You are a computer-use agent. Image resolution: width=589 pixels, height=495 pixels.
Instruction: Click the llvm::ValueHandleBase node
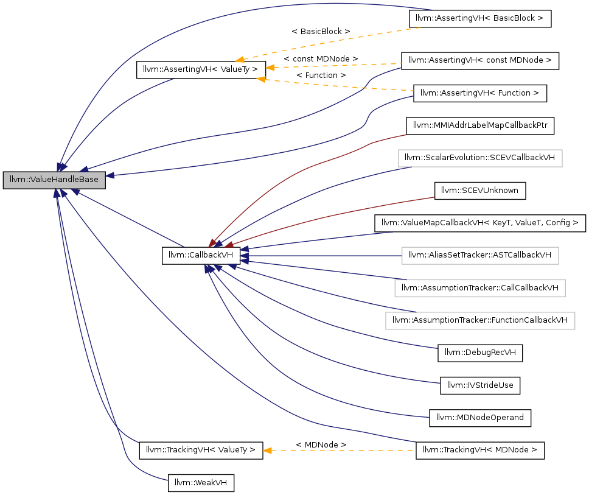[54, 180]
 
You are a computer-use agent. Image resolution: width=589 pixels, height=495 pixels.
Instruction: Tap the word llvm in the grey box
[16, 180]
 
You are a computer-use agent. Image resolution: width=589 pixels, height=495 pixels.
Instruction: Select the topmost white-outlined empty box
[480, 158]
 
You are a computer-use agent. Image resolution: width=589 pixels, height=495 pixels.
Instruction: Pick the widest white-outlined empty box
[480, 321]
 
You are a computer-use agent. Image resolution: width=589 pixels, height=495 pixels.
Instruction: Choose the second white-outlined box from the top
[480, 256]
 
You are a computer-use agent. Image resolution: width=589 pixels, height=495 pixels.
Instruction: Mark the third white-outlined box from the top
[480, 288]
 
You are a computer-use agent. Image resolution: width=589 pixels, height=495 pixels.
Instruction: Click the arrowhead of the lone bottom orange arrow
[267, 451]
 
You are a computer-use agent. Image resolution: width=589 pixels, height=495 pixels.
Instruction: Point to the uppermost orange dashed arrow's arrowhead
[240, 60]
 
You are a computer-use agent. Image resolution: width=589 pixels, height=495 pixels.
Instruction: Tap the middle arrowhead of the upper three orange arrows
[270, 67]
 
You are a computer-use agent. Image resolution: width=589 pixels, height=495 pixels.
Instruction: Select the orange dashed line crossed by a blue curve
[335, 85]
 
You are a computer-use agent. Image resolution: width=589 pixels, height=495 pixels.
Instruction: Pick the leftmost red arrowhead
[212, 244]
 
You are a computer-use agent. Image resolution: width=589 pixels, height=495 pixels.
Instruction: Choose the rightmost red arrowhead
[229, 245]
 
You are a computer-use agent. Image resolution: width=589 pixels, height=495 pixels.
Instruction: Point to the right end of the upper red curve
[406, 134]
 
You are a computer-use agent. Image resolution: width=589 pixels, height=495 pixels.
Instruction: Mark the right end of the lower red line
[434, 197]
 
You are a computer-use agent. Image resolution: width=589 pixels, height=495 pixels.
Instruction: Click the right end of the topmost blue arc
[431, 10]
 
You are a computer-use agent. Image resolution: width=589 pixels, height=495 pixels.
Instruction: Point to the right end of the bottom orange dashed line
[413, 451]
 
